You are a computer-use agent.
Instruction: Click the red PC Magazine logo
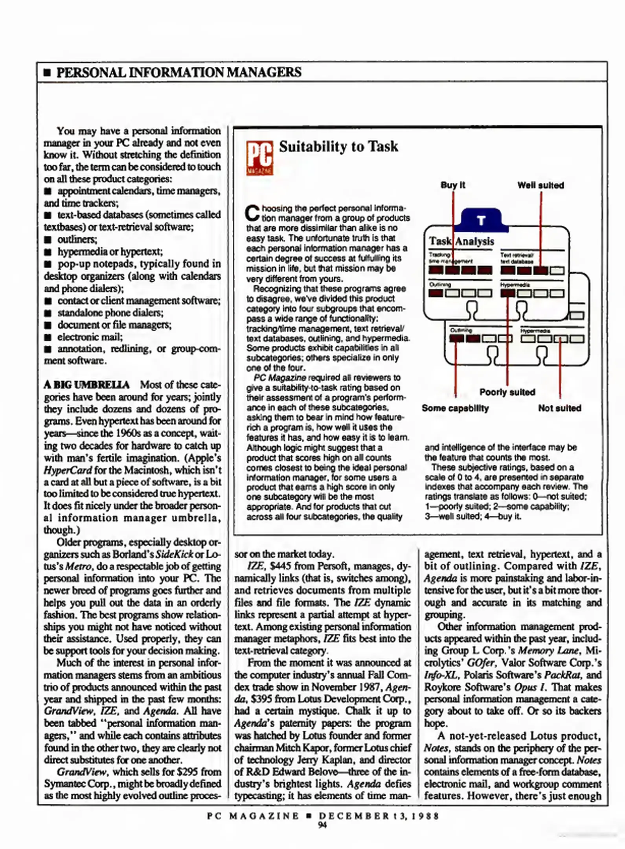259,158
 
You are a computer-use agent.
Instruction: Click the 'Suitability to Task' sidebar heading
338,147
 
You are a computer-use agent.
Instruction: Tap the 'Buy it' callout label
452,185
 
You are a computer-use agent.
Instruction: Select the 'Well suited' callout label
540,185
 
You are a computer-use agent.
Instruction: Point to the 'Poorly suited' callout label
507,392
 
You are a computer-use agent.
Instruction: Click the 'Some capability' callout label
455,408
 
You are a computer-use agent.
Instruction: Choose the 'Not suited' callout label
559,408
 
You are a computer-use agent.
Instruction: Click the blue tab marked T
481,220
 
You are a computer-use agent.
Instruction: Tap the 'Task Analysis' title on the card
461,241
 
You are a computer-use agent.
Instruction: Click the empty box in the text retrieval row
557,270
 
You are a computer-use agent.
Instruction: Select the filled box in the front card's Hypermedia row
507,293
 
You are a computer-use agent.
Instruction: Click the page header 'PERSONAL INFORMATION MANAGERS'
178,72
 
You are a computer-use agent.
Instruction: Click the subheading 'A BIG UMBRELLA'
86,384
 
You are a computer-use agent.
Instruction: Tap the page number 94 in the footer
322,825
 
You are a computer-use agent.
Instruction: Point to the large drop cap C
252,213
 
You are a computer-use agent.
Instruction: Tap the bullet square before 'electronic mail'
48,337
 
